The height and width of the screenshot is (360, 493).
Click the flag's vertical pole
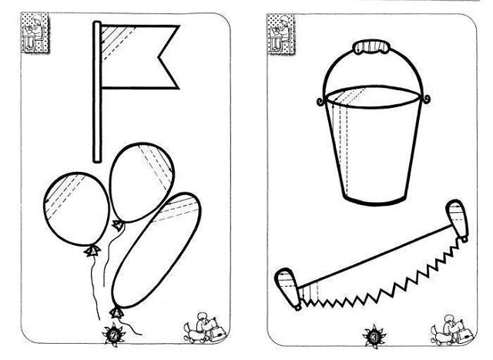pyautogui.click(x=97, y=92)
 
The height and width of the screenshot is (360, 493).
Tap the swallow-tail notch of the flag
pyautogui.click(x=159, y=58)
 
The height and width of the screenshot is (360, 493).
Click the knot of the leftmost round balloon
pyautogui.click(x=92, y=251)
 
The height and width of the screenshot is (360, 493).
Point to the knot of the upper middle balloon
pyautogui.click(x=118, y=224)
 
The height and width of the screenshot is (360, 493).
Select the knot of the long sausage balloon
pyautogui.click(x=116, y=312)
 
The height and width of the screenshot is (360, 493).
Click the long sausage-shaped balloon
pyautogui.click(x=156, y=251)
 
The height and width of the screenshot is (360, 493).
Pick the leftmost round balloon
pyautogui.click(x=76, y=209)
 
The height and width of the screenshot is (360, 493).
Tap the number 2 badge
pyautogui.click(x=113, y=335)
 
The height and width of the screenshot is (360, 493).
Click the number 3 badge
pyautogui.click(x=374, y=337)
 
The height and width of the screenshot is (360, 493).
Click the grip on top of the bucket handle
pyautogui.click(x=373, y=47)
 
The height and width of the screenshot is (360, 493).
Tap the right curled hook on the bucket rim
pyautogui.click(x=425, y=99)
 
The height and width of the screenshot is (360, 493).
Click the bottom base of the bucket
pyautogui.click(x=373, y=200)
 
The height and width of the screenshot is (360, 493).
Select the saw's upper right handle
pyautogui.click(x=458, y=220)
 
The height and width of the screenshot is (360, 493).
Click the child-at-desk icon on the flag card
pyautogui.click(x=35, y=32)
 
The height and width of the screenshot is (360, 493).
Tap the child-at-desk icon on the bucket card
pyautogui.click(x=281, y=34)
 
